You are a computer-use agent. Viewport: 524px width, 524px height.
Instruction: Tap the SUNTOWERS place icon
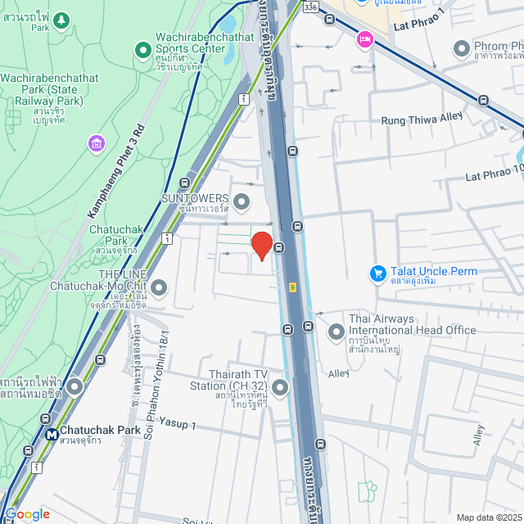click(x=242, y=201)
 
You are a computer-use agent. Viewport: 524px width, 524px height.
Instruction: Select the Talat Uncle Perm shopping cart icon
click(x=377, y=273)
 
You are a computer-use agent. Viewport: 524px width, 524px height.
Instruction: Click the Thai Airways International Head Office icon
click(x=337, y=332)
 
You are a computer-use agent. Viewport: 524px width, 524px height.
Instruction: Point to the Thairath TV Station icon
click(x=281, y=387)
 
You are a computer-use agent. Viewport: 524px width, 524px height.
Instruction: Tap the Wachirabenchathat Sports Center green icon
click(x=144, y=51)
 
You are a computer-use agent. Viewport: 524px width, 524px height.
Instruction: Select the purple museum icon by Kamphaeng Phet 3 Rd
click(x=97, y=144)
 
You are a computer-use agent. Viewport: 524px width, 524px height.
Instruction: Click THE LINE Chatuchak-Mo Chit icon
click(x=159, y=287)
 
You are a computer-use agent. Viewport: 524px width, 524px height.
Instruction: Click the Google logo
click(x=26, y=514)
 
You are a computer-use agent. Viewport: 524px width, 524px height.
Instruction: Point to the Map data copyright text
click(x=489, y=517)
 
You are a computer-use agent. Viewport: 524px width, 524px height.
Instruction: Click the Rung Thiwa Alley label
click(x=422, y=120)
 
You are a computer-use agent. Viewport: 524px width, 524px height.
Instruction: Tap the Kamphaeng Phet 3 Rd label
click(x=115, y=172)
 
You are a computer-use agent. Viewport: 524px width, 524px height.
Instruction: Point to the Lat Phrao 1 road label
click(x=418, y=25)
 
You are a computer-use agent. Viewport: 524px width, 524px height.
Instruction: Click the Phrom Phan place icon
click(x=460, y=48)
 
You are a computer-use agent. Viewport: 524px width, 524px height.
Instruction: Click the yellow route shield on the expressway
click(x=292, y=287)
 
